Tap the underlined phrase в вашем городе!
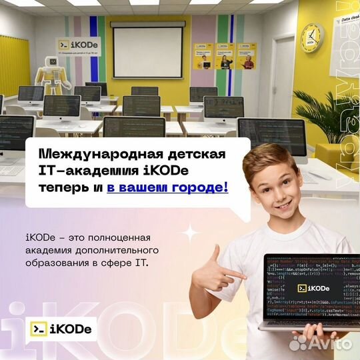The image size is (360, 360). pyautogui.click(x=167, y=188)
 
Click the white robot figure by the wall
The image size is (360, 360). pyautogui.click(x=53, y=72)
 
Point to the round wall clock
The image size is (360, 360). pyautogui.click(x=311, y=37)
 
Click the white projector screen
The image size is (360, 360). pyautogui.click(x=147, y=51)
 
